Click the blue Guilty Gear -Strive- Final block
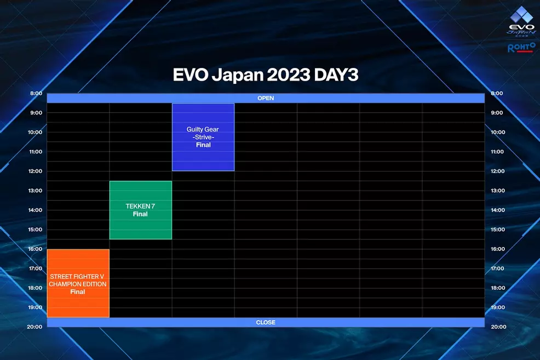click(203, 137)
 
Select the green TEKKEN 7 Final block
click(140, 210)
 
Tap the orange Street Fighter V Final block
click(78, 283)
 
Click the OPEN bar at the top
click(266, 98)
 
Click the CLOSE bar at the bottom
click(266, 322)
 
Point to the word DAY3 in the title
click(336, 75)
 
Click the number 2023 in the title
click(288, 75)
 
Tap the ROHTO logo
click(520, 48)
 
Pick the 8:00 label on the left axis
click(36, 93)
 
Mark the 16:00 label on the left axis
click(36, 249)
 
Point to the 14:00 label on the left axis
click(36, 210)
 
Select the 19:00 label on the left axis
click(36, 307)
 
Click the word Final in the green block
click(140, 214)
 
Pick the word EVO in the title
click(190, 75)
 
